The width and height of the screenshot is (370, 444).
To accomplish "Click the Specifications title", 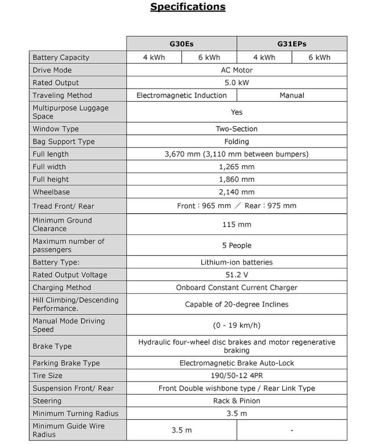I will click(x=188, y=7).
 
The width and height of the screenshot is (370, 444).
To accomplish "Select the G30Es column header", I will click(x=182, y=44).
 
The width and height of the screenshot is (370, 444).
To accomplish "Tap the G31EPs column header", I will click(x=292, y=44).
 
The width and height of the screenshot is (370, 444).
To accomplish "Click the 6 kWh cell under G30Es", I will click(x=209, y=57).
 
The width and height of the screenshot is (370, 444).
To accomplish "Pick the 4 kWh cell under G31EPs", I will click(x=264, y=57).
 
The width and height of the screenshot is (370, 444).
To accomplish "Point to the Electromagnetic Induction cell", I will click(x=181, y=95).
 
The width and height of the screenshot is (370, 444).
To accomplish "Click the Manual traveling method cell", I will click(x=292, y=95).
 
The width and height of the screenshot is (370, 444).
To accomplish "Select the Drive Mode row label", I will click(x=52, y=70).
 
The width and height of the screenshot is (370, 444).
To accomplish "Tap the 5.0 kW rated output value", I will click(x=237, y=83).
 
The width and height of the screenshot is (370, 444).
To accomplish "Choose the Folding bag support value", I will click(x=237, y=141).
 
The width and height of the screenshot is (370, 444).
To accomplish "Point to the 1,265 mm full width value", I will click(x=237, y=167).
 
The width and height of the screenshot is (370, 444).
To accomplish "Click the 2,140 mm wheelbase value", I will click(x=237, y=192).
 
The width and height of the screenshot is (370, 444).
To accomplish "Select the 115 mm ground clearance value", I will click(x=237, y=224).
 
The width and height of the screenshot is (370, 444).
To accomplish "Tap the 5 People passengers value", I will click(x=237, y=246).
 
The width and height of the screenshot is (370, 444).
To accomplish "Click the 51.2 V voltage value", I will click(x=237, y=275).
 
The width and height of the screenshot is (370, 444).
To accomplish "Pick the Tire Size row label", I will click(x=47, y=376).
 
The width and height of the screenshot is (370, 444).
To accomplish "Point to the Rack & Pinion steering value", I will click(x=237, y=401).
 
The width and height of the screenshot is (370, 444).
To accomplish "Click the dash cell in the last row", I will click(x=292, y=431).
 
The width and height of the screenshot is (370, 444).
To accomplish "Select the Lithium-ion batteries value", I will click(x=237, y=262).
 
